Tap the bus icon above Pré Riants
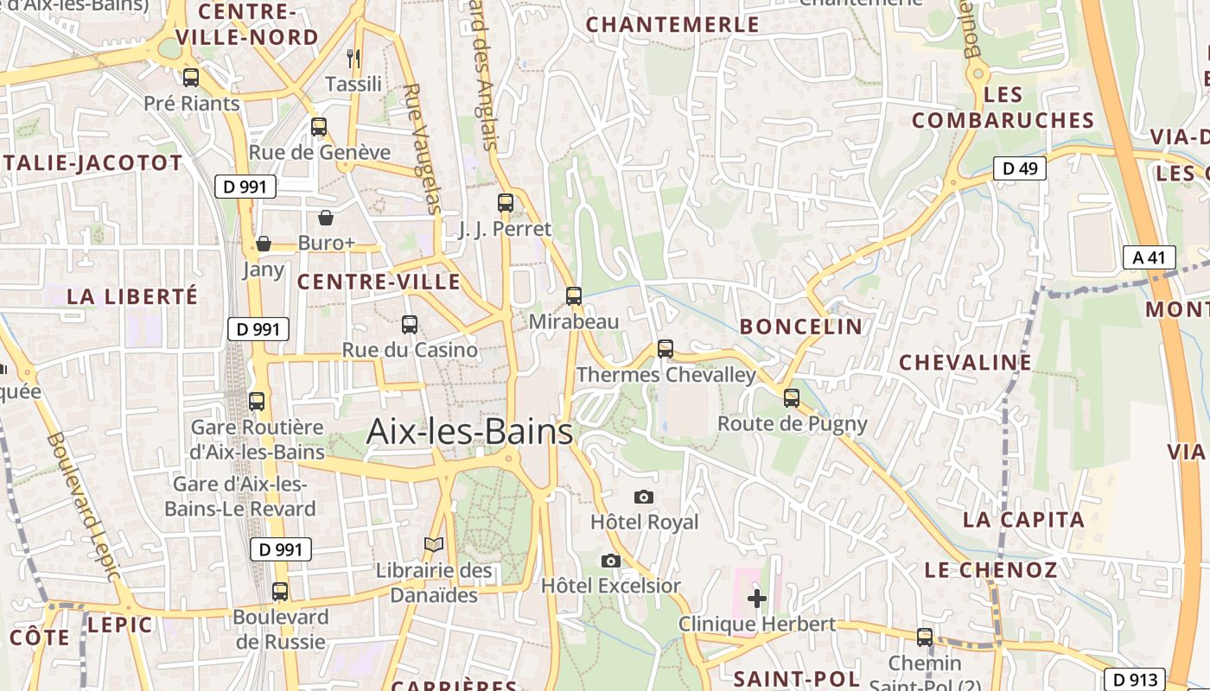tap(191, 77)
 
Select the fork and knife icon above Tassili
tap(353, 59)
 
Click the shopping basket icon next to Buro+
tap(326, 217)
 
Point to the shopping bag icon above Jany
tap(264, 244)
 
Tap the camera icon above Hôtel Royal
tap(643, 497)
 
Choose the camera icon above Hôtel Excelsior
tap(611, 561)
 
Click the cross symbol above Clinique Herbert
tap(757, 598)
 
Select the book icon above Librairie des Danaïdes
tap(433, 544)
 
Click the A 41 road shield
tap(1149, 257)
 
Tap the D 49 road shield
tap(1019, 168)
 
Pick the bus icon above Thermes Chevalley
tap(665, 349)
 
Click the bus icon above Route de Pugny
tap(792, 398)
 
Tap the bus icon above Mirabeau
tap(574, 296)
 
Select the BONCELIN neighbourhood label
tap(801, 326)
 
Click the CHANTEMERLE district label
tap(672, 25)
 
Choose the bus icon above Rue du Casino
tap(410, 325)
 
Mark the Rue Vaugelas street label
tap(423, 148)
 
